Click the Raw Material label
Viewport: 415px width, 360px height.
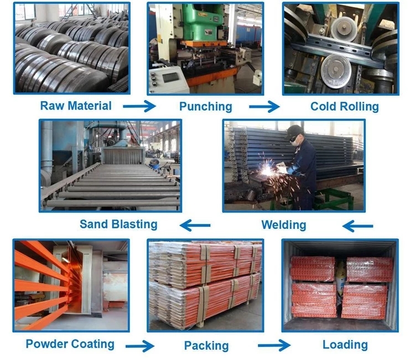[76, 106]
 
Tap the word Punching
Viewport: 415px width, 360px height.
[206, 107]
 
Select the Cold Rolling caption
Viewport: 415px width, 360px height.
[344, 107]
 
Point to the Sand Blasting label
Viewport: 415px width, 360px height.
[118, 225]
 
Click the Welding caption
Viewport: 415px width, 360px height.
[284, 225]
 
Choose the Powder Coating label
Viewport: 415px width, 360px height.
[70, 344]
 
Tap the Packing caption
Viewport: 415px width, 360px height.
[206, 346]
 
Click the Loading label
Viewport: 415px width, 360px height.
[345, 345]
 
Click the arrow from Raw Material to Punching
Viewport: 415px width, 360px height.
[139, 106]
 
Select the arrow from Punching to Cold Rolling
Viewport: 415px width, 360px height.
[264, 106]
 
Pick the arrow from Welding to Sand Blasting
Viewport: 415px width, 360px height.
[195, 226]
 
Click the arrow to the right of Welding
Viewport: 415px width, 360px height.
[357, 226]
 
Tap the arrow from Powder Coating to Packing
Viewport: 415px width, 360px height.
[140, 346]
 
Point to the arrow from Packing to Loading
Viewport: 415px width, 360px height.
[274, 346]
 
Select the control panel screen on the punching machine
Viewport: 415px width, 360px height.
[170, 77]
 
